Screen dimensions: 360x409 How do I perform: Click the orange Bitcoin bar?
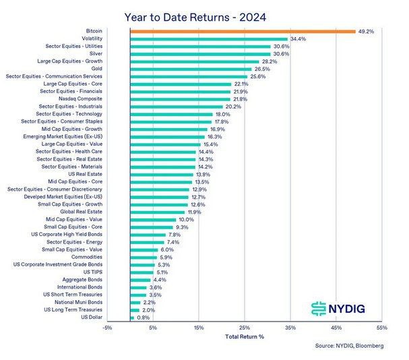pyautogui.click(x=243, y=32)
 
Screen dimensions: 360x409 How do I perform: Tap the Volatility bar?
pyautogui.click(x=209, y=39)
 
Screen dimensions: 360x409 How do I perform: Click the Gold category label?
pyautogui.click(x=96, y=69)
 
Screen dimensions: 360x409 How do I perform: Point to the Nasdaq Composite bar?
pyautogui.click(x=180, y=98)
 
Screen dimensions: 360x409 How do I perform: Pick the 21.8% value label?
pyautogui.click(x=240, y=98)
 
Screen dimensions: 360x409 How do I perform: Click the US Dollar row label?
pyautogui.click(x=92, y=317)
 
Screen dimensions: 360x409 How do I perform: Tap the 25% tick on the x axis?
pyautogui.click(x=245, y=328)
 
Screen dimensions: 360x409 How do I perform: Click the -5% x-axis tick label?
pyautogui.click(x=107, y=328)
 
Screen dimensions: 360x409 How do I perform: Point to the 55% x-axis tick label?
pyautogui.click(x=382, y=328)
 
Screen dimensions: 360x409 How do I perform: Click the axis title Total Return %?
pyautogui.click(x=245, y=336)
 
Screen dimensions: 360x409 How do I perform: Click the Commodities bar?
pyautogui.click(x=144, y=257)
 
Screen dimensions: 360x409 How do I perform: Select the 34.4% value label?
pyautogui.click(x=298, y=39)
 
